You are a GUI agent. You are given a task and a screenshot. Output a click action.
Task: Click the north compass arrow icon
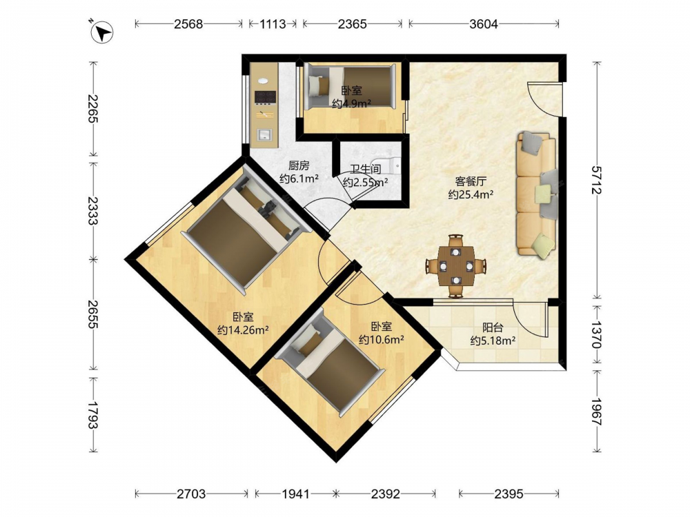[x=102, y=32]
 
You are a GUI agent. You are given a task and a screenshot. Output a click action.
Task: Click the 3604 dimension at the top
[x=484, y=23]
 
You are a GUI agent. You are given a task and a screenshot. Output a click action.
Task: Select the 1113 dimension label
[x=273, y=23]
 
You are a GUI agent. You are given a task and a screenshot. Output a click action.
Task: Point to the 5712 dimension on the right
[x=596, y=180]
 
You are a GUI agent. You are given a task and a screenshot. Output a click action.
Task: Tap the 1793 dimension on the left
[x=92, y=414]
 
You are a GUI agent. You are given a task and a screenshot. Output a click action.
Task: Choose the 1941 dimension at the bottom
[x=296, y=494]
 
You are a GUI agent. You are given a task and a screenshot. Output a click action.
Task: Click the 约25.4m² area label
[x=471, y=194]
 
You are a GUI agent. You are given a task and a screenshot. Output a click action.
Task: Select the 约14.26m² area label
[x=243, y=330]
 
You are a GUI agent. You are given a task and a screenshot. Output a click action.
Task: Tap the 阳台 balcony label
[x=493, y=327]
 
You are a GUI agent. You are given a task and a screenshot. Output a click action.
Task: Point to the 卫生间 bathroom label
[x=365, y=169]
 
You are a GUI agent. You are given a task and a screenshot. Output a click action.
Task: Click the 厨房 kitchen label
[x=299, y=165]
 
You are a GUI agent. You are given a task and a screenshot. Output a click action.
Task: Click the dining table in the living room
[x=456, y=266]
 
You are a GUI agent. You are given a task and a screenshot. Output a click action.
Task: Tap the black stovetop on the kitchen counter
[x=266, y=98]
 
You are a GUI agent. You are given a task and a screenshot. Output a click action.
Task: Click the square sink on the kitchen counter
[x=265, y=134]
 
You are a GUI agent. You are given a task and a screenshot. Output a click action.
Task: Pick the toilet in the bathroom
[x=387, y=165]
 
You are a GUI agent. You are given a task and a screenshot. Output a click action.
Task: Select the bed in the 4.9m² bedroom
[x=351, y=86]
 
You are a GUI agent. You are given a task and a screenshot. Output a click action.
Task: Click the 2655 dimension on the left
[x=92, y=314]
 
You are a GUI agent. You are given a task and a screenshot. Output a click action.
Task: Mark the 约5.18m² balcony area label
[x=493, y=341]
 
